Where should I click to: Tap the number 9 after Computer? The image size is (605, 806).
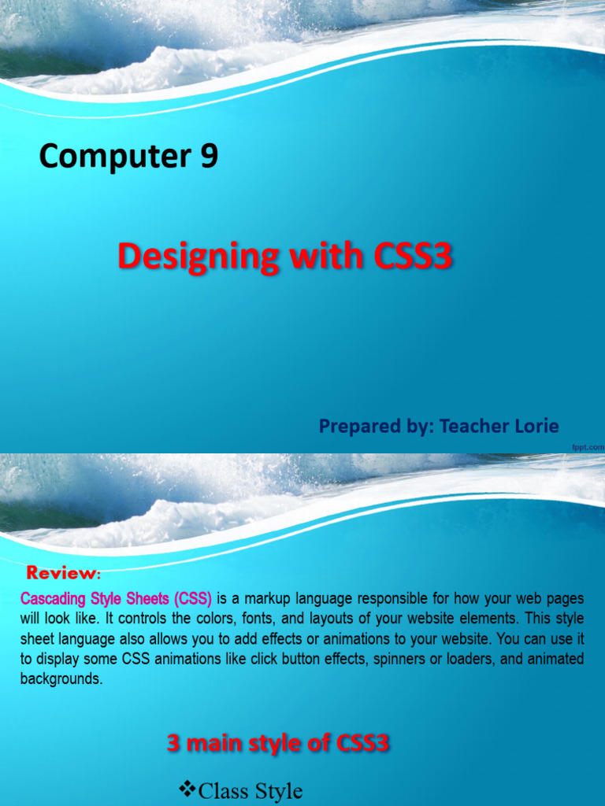point(209,157)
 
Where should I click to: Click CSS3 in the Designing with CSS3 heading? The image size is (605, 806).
point(409,258)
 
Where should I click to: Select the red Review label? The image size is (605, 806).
point(63,571)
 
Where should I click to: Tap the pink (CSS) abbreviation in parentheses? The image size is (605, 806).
point(194,597)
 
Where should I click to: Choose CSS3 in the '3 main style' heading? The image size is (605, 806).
point(363,742)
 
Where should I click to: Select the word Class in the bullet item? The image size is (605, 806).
point(225,790)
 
